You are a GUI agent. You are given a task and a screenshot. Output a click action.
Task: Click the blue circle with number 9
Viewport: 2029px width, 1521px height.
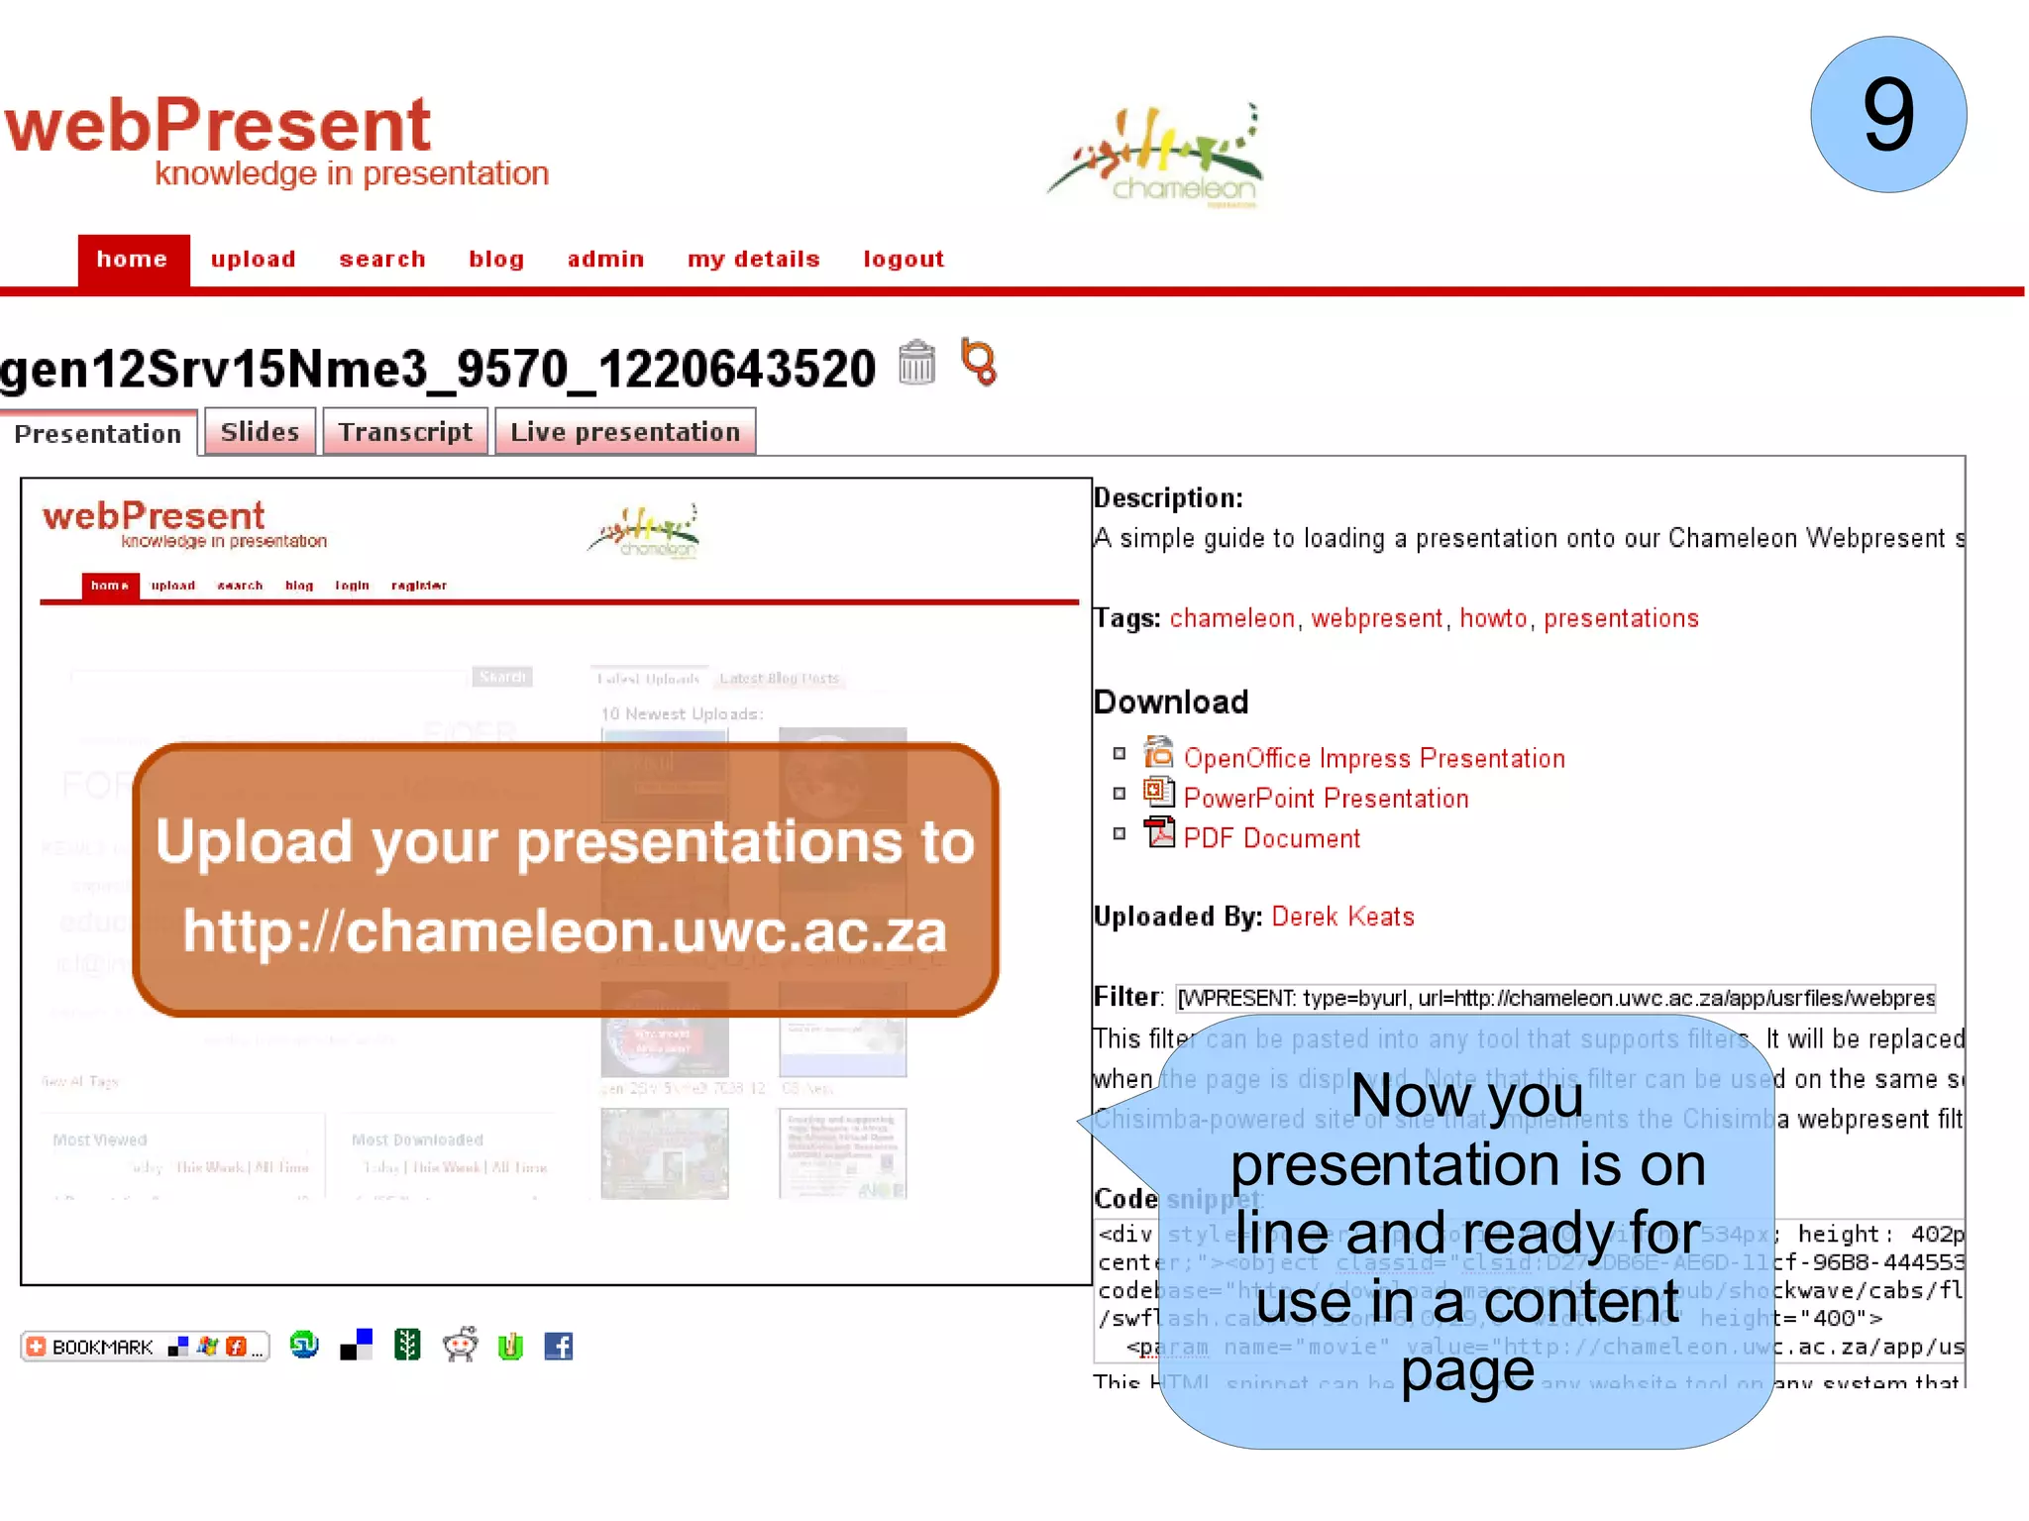[x=1887, y=115]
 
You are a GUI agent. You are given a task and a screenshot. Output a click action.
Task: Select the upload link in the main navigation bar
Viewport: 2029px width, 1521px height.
[x=253, y=260]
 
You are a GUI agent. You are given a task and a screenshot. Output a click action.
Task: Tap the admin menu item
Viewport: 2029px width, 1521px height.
[x=605, y=260]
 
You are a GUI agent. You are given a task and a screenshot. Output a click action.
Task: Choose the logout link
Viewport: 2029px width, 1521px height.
[x=904, y=260]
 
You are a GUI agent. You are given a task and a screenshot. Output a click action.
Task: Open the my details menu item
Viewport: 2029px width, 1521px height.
[x=753, y=260]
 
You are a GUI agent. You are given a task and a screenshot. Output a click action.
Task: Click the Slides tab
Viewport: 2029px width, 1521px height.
[x=260, y=432]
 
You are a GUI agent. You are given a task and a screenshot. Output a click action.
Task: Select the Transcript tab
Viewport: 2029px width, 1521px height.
[x=405, y=432]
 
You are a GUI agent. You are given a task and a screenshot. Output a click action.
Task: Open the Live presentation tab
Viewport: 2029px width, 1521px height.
[x=625, y=432]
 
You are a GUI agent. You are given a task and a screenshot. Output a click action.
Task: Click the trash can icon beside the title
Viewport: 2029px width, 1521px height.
[x=916, y=363]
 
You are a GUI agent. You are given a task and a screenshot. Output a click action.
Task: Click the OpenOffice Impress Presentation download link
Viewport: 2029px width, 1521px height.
[x=1373, y=759]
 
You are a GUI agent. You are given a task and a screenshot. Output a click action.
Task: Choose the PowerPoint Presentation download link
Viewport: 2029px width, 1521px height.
[x=1325, y=799]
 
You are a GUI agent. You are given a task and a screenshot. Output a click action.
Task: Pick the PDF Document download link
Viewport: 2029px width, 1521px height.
[x=1271, y=838]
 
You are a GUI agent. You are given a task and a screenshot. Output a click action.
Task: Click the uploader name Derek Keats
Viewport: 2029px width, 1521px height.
[x=1342, y=917]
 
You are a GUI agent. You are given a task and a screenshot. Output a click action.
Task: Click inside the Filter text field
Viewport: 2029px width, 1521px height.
[x=1554, y=998]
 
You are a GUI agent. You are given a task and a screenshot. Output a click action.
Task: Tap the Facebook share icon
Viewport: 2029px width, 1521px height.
[x=559, y=1346]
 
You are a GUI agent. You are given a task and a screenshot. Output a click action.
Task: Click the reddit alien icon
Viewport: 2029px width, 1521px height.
[x=460, y=1345]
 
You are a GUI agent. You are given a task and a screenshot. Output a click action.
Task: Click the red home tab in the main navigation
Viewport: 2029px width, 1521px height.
[x=133, y=260]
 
